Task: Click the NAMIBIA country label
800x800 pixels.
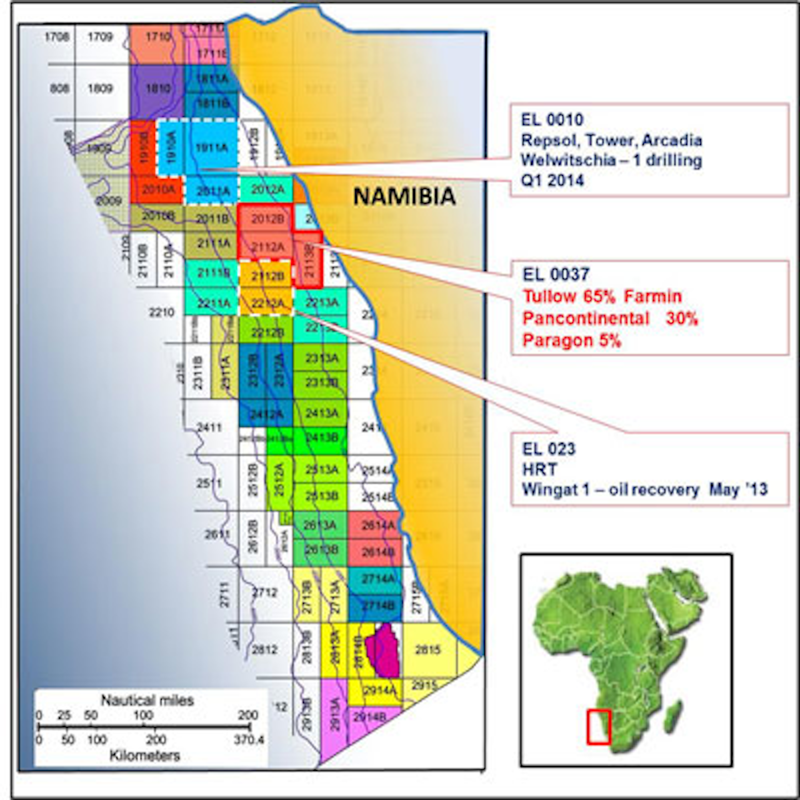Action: click(x=404, y=196)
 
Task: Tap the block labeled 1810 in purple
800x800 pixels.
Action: click(x=157, y=89)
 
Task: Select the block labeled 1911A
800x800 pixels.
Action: click(x=211, y=148)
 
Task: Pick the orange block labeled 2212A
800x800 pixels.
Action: click(x=267, y=303)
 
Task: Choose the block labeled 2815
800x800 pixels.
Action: click(x=428, y=649)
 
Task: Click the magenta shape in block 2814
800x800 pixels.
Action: click(x=383, y=650)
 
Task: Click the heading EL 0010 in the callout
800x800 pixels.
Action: click(x=552, y=119)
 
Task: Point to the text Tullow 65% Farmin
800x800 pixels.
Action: click(x=602, y=296)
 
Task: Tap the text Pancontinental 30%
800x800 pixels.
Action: click(x=609, y=318)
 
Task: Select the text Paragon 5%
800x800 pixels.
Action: click(x=571, y=340)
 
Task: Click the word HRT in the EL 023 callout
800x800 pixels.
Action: click(x=539, y=469)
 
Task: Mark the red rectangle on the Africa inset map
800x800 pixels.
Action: click(x=599, y=727)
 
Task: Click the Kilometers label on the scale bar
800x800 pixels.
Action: click(x=145, y=756)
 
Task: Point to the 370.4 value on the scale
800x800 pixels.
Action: click(x=249, y=740)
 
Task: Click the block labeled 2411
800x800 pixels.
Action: click(x=209, y=428)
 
